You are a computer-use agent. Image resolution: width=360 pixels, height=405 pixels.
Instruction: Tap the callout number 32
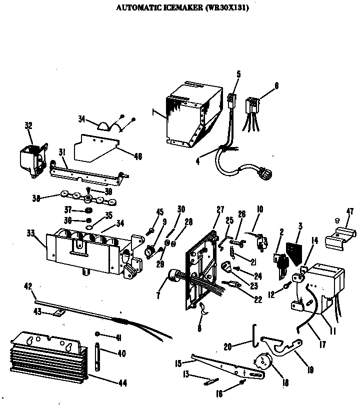click(28, 125)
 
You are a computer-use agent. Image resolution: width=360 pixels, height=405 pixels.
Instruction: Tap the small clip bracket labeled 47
click(340, 237)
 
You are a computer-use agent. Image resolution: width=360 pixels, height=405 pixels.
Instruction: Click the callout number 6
click(276, 85)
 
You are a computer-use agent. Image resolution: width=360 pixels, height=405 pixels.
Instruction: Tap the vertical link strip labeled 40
click(98, 355)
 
